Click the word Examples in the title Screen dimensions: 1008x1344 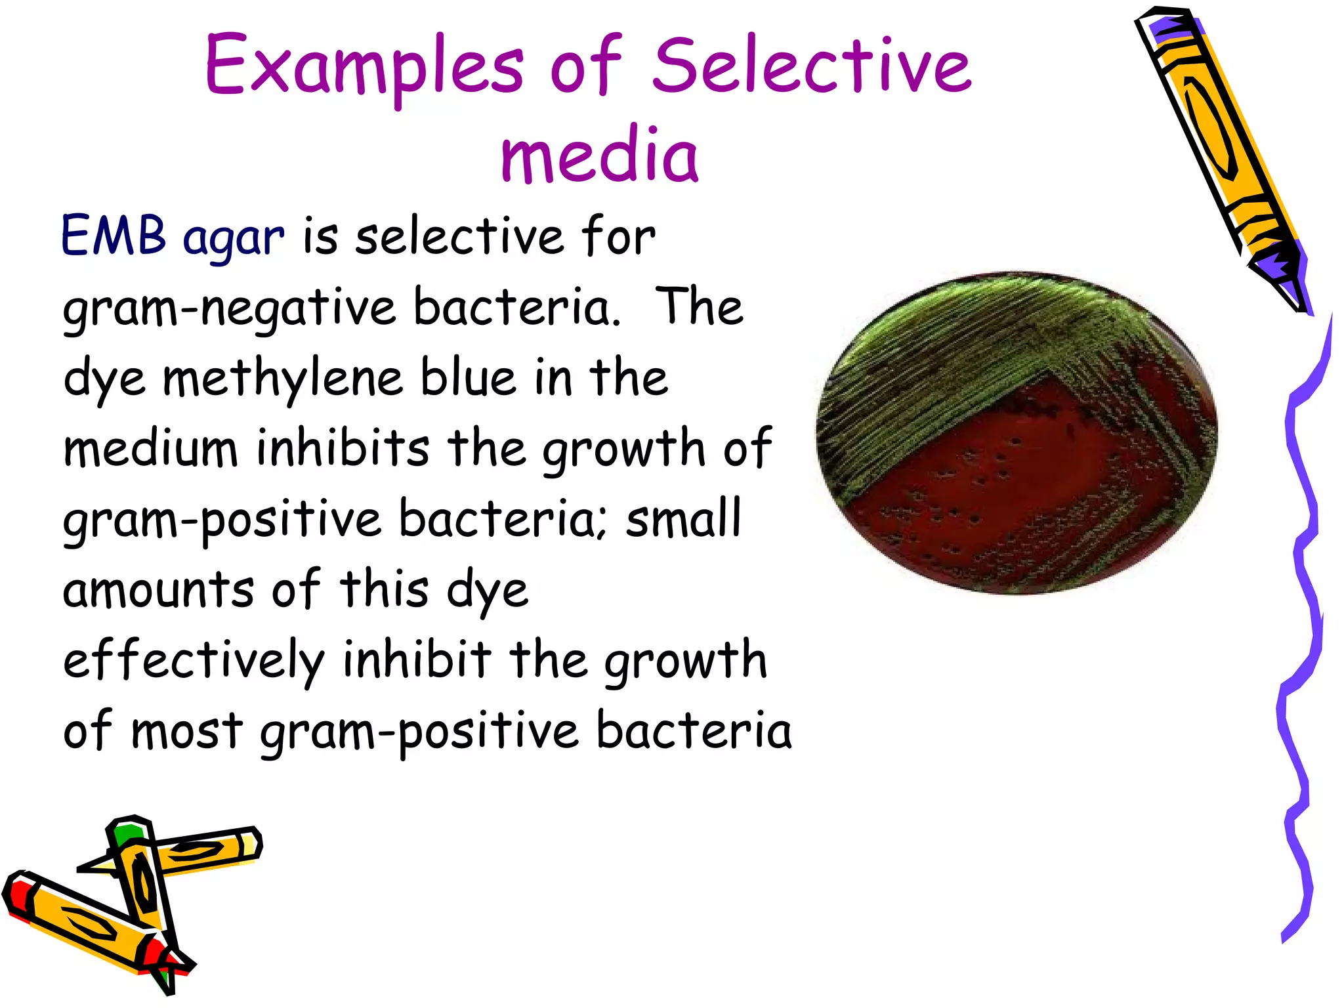point(364,66)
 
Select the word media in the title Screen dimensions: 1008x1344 point(599,155)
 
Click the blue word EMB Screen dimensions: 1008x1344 point(113,236)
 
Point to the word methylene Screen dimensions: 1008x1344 point(282,379)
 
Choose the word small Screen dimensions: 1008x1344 point(682,518)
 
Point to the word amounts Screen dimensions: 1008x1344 point(158,589)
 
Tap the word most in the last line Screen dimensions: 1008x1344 point(187,730)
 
